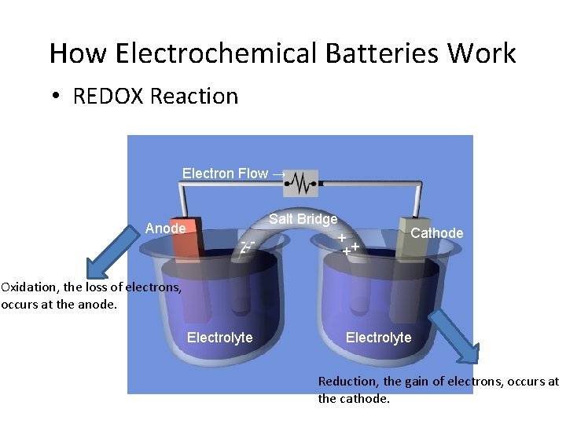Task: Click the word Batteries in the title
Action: click(358, 53)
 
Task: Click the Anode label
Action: click(166, 228)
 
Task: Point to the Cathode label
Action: click(437, 233)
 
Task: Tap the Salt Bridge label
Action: click(303, 219)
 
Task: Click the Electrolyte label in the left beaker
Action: click(220, 338)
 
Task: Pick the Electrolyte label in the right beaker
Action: click(379, 338)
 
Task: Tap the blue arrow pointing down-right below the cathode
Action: click(455, 337)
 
